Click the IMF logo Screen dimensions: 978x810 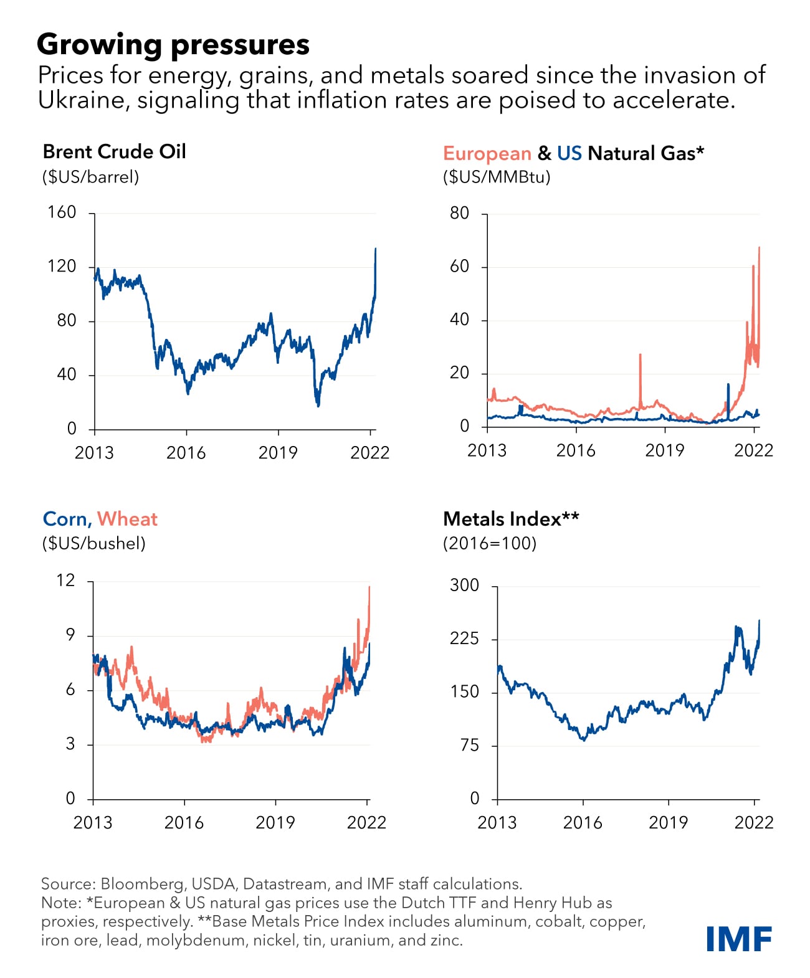coord(739,939)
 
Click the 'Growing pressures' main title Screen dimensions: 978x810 coord(173,44)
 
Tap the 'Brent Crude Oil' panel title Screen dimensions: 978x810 coord(114,151)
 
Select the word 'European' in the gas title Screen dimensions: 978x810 coord(487,153)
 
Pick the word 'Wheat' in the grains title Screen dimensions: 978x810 coord(127,519)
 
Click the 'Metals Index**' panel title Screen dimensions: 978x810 coord(511,519)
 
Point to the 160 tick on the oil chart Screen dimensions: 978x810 coord(62,212)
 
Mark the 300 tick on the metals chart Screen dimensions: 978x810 coord(465,586)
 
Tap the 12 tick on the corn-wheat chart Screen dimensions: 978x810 coord(65,581)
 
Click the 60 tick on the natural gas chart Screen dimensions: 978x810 coord(459,267)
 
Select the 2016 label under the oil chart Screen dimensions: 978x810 coord(186,453)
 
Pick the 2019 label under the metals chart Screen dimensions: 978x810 coord(668,822)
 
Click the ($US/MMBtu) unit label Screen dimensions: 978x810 coord(497,177)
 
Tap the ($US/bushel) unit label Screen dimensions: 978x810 coord(93,543)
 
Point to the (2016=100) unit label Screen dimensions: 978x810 coord(490,543)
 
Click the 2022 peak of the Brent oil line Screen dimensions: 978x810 coord(375,249)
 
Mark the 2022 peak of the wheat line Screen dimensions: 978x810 coord(369,587)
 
